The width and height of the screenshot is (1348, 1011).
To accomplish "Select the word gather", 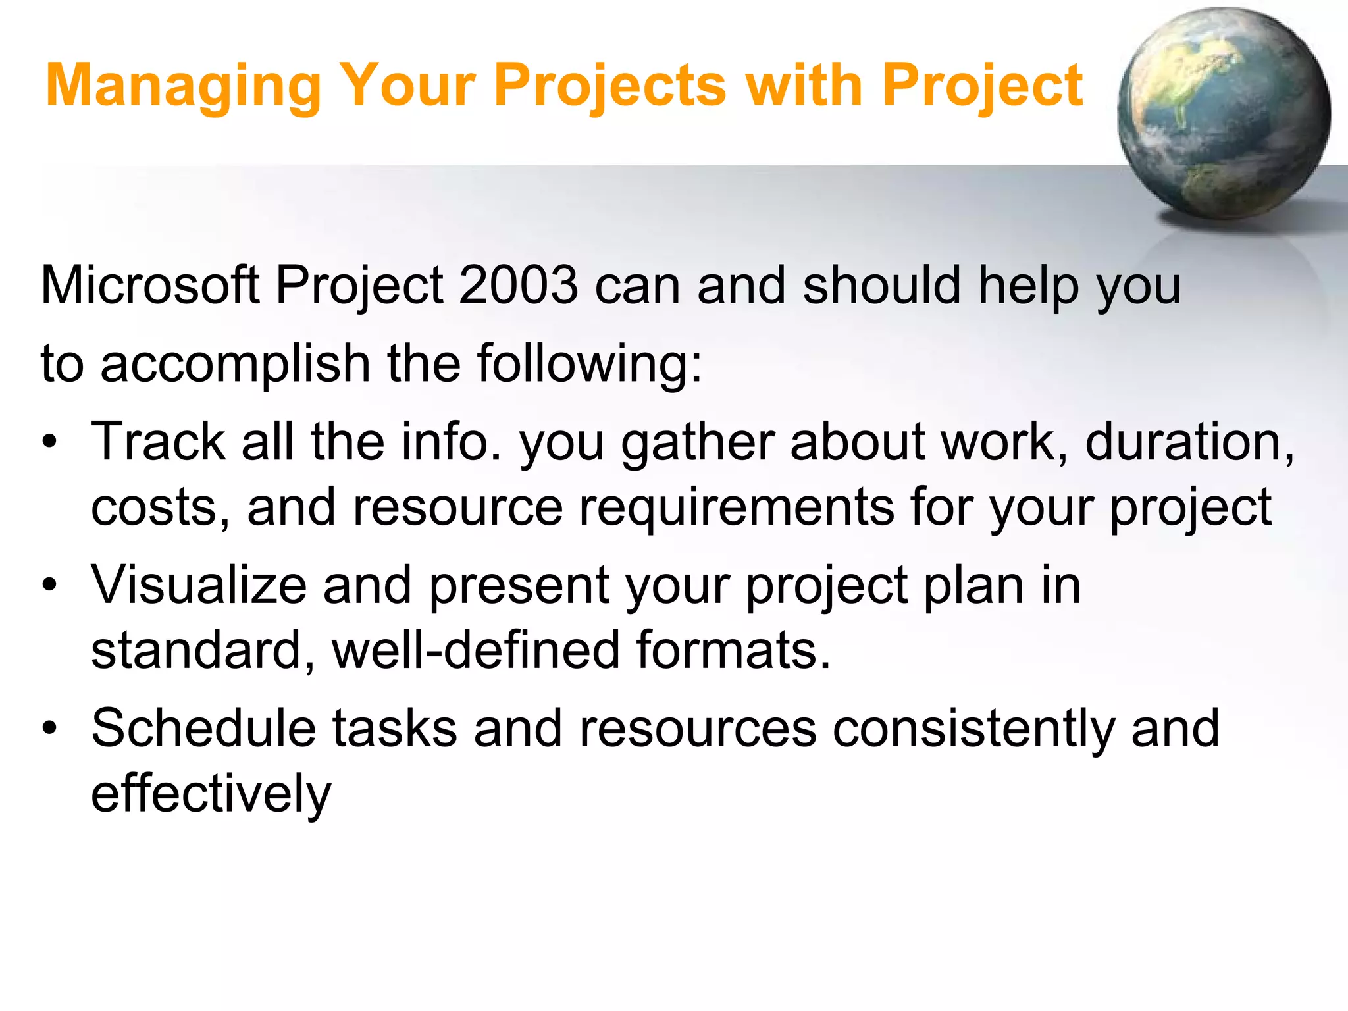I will [x=698, y=442].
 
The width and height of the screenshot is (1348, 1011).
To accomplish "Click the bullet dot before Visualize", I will [x=50, y=585].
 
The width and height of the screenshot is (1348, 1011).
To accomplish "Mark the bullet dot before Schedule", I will [x=50, y=729].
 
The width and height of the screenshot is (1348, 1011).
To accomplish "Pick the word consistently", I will [x=974, y=729].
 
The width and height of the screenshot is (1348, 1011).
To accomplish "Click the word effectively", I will [x=211, y=794].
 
